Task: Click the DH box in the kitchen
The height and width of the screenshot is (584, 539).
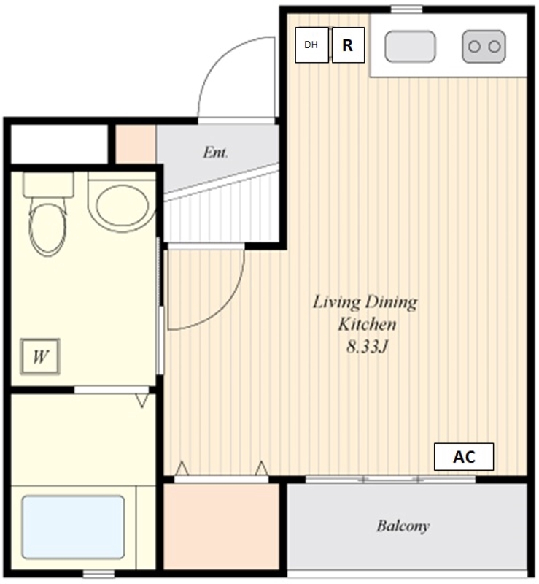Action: [x=311, y=45]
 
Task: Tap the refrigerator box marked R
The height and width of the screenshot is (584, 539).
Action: [x=348, y=45]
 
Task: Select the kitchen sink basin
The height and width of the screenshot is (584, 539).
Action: [x=410, y=47]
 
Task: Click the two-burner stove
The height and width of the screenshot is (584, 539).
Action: [x=484, y=47]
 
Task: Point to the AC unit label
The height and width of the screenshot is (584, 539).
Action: [x=464, y=457]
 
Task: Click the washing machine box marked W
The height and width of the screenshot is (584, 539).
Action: [x=40, y=356]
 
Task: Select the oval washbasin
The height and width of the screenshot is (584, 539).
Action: [x=122, y=206]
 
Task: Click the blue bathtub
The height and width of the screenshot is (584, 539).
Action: [x=73, y=527]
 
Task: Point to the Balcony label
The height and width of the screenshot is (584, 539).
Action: [x=403, y=526]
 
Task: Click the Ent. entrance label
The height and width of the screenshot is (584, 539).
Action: [x=215, y=153]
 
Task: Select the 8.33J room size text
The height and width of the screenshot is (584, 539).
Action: [x=368, y=347]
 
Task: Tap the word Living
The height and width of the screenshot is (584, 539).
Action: [x=336, y=302]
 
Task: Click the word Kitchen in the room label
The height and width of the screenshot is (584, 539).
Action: [x=367, y=324]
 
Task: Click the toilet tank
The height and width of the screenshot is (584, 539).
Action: [x=48, y=185]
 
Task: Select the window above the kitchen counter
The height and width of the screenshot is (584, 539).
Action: [x=406, y=9]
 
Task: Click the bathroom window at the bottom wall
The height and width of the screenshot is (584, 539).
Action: [x=98, y=574]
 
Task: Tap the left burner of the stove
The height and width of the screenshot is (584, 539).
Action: [x=474, y=47]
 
